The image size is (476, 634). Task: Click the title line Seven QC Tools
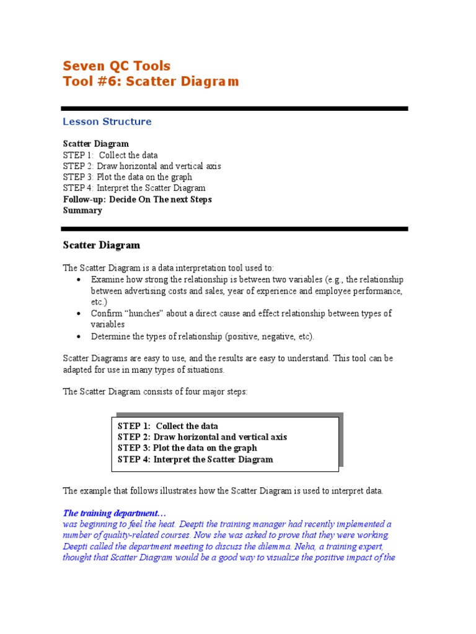tap(117, 66)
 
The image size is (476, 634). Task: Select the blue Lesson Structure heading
tap(107, 122)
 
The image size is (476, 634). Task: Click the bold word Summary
tap(82, 211)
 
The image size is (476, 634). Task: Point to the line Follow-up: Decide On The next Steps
tap(137, 199)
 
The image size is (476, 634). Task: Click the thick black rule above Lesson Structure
tap(236, 108)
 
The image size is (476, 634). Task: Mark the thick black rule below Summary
tap(236, 228)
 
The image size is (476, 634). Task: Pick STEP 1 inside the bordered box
tap(133, 426)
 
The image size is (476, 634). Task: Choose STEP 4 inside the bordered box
tap(133, 459)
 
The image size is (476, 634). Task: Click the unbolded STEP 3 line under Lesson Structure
tap(127, 177)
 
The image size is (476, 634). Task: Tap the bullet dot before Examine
tap(79, 280)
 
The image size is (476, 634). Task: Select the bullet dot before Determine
tap(79, 337)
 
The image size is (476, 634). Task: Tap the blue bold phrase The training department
tap(115, 513)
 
